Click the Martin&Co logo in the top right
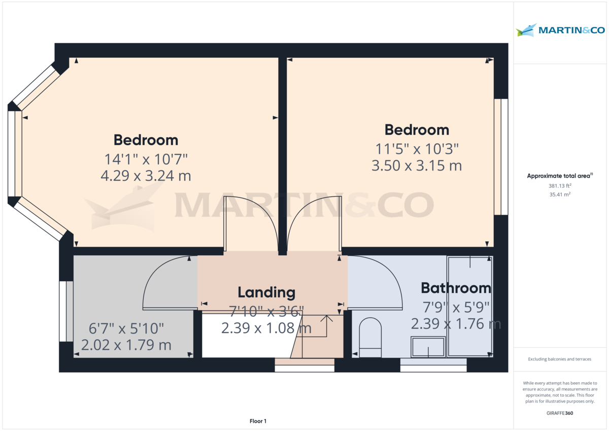[560, 30]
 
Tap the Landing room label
[266, 292]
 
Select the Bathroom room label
[456, 288]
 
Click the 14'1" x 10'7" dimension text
[146, 159]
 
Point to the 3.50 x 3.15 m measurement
[416, 165]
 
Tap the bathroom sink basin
[427, 348]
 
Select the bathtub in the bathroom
[470, 307]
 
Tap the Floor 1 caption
[258, 421]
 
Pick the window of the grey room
[63, 311]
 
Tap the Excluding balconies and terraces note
[560, 359]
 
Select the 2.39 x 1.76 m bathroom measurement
[456, 324]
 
